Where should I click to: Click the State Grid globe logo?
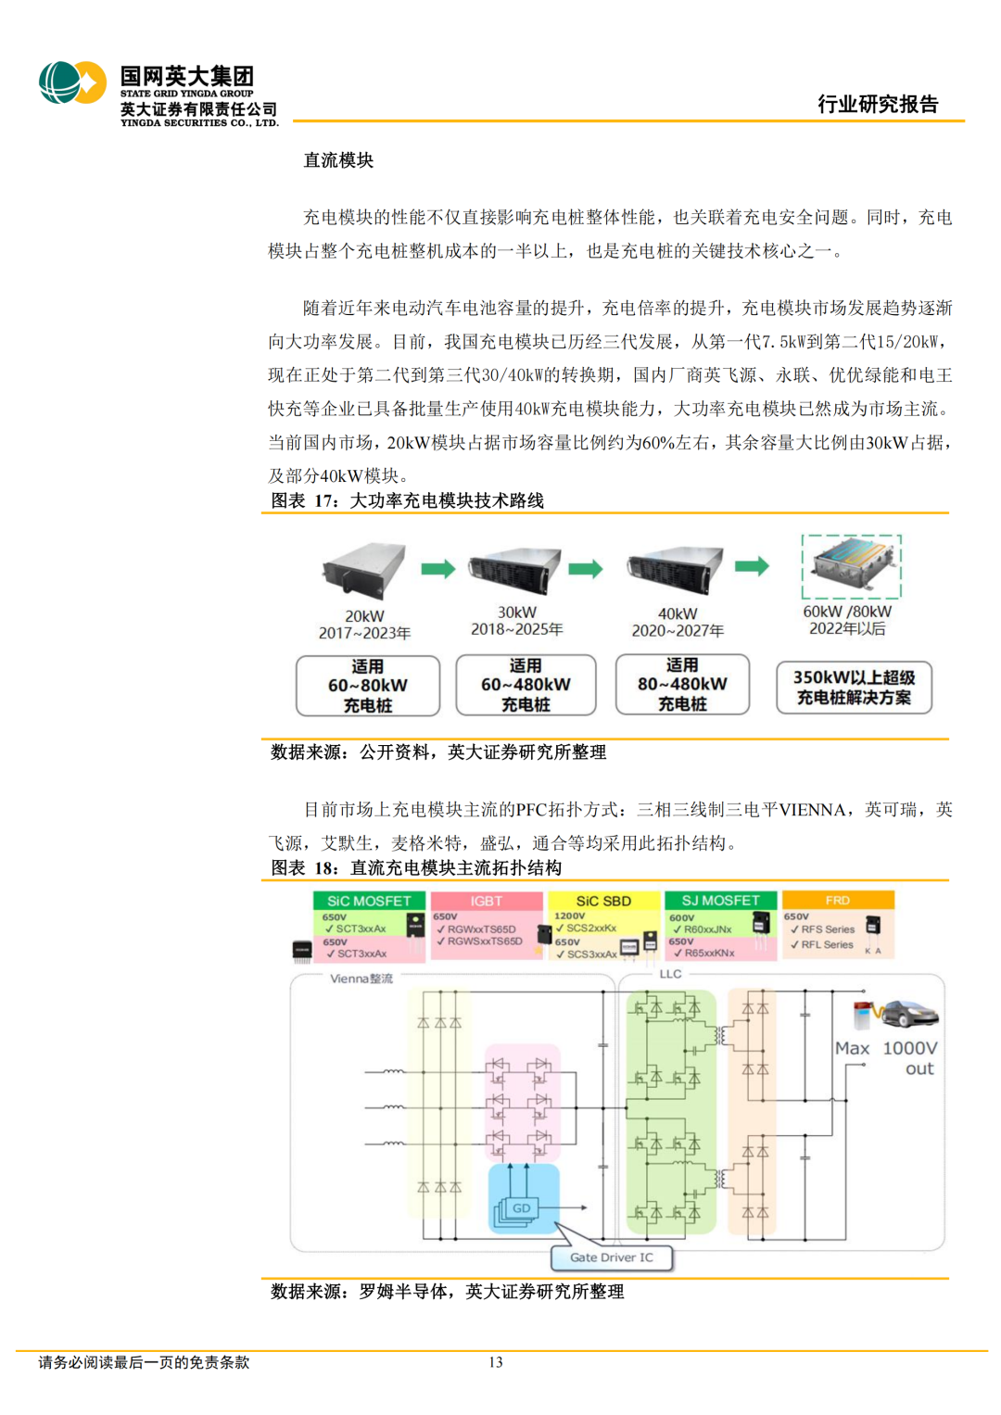pyautogui.click(x=72, y=82)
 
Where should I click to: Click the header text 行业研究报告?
pyautogui.click(x=877, y=105)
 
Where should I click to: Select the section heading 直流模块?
pyautogui.click(x=338, y=160)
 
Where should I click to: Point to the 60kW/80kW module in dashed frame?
pyautogui.click(x=852, y=566)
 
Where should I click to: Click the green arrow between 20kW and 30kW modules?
pyautogui.click(x=437, y=569)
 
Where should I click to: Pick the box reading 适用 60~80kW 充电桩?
pyautogui.click(x=368, y=686)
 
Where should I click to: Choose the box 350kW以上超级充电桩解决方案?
pyautogui.click(x=854, y=688)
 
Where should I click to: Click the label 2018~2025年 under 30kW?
pyautogui.click(x=516, y=629)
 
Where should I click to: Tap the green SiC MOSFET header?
pyautogui.click(x=369, y=901)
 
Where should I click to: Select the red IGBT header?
pyautogui.click(x=487, y=901)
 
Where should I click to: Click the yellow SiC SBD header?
pyautogui.click(x=603, y=901)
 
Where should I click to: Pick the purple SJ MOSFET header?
pyautogui.click(x=720, y=901)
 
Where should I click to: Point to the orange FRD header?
pyautogui.click(x=838, y=900)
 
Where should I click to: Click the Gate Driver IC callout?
pyautogui.click(x=612, y=1257)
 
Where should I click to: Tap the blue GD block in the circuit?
pyautogui.click(x=523, y=1207)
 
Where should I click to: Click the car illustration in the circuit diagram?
pyautogui.click(x=906, y=1014)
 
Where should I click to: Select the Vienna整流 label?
pyautogui.click(x=361, y=979)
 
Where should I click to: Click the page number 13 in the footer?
pyautogui.click(x=496, y=1362)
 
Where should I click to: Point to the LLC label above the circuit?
pyautogui.click(x=670, y=974)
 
